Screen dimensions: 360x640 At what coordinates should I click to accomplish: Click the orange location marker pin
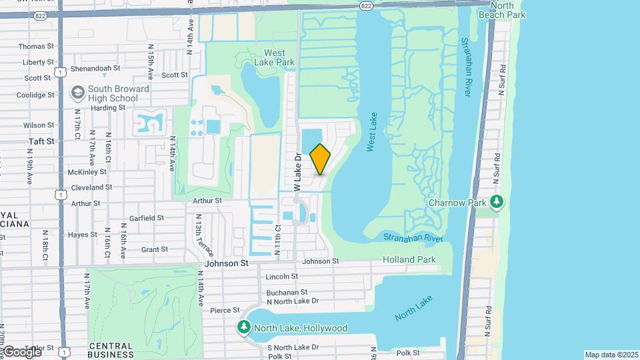click(321, 159)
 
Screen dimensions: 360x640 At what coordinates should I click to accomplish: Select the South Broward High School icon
click(78, 91)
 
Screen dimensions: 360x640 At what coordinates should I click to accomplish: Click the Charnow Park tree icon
click(495, 201)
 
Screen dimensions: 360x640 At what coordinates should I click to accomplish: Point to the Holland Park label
click(409, 259)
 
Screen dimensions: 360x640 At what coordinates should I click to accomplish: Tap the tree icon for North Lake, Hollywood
click(245, 327)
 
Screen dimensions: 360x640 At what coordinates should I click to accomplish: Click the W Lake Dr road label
click(298, 170)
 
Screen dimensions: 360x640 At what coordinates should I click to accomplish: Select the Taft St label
click(41, 141)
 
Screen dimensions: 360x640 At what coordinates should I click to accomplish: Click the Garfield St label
click(147, 218)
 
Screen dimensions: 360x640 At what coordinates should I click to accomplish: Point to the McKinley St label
click(83, 171)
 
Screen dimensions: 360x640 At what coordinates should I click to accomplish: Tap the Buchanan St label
click(286, 292)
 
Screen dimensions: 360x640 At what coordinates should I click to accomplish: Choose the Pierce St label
click(224, 310)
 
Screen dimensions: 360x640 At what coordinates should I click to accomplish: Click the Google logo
click(21, 351)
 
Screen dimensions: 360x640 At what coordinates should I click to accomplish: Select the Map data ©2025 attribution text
click(611, 355)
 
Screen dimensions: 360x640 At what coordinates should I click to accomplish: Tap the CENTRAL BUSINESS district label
click(111, 350)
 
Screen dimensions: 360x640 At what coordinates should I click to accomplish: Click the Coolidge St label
click(35, 95)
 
